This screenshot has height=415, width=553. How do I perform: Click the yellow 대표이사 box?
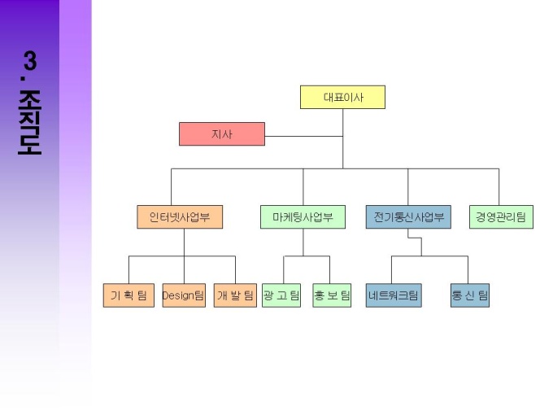pos(342,98)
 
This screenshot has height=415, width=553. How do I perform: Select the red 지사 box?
pos(222,134)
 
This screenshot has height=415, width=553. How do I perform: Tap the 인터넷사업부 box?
pos(180,217)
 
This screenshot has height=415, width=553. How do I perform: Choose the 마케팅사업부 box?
pos(303,217)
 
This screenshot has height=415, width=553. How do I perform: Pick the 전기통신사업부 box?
pos(408,217)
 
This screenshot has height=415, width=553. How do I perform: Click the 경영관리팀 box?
pos(501,217)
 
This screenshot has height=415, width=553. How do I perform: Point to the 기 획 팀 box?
pos(128,295)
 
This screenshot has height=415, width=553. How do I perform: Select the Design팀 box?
pos(184,295)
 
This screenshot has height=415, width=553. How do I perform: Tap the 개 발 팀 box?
pos(235,295)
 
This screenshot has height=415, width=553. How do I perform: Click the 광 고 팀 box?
pos(281,295)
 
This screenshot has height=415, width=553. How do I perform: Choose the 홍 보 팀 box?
pos(331,295)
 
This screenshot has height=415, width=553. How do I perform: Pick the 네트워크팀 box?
pos(394,295)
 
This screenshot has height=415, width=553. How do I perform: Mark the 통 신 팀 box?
pos(470,295)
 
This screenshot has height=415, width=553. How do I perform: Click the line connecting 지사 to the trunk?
pos(303,135)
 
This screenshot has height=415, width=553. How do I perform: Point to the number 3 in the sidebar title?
pos(30,61)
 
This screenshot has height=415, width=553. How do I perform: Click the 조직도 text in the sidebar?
pos(30,122)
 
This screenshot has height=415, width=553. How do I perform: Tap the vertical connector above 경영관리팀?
pos(499,187)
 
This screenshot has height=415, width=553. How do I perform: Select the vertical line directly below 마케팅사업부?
pos(303,242)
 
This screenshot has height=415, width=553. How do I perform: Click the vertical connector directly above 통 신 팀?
pos(468,270)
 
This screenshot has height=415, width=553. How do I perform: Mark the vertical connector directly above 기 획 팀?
pos(128,270)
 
